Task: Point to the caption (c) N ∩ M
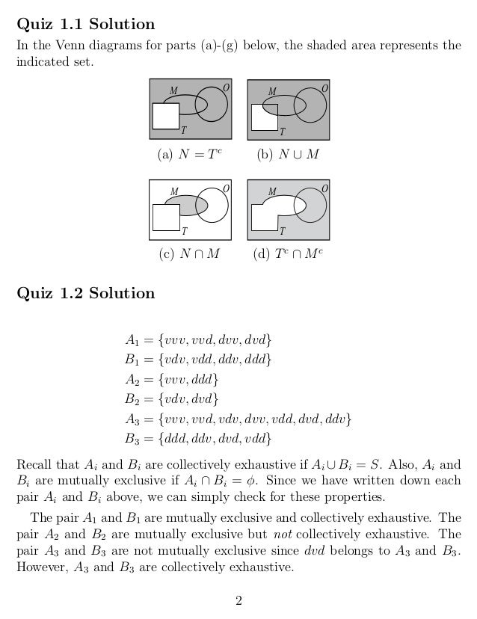click(190, 253)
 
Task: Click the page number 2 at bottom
click(238, 599)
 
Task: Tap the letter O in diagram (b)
click(324, 89)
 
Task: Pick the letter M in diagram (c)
click(173, 191)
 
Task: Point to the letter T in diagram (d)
click(282, 231)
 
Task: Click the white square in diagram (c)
click(166, 215)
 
